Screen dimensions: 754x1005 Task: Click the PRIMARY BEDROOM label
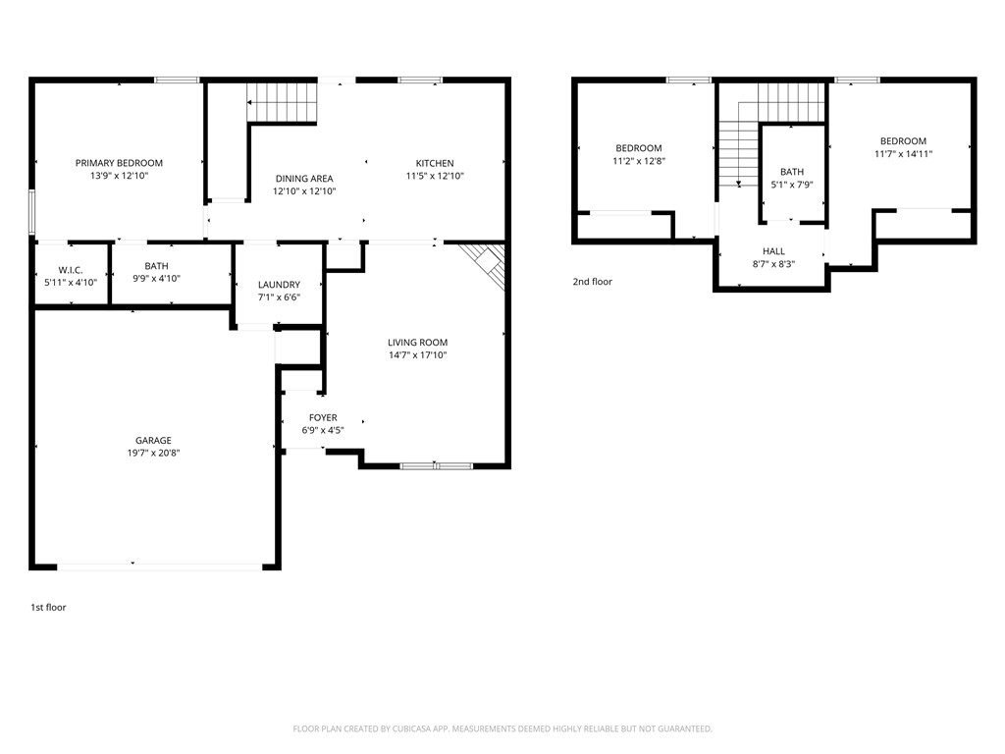point(119,163)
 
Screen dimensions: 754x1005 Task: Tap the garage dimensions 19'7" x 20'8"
point(153,454)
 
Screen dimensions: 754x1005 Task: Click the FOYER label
point(323,417)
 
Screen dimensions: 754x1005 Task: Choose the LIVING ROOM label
point(417,343)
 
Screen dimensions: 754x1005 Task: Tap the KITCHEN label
point(435,163)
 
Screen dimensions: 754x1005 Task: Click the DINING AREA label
point(304,179)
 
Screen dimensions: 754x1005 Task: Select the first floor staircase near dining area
point(283,102)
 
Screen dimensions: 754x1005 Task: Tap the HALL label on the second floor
point(773,251)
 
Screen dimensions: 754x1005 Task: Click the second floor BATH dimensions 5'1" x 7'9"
point(791,185)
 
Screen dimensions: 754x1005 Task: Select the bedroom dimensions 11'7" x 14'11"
point(903,154)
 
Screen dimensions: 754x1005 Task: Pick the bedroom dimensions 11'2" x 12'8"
point(639,161)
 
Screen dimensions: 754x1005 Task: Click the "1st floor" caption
point(48,608)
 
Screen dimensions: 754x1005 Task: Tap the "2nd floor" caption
point(592,282)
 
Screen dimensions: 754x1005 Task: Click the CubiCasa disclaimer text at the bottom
point(502,728)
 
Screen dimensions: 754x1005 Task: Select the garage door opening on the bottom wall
point(160,565)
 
